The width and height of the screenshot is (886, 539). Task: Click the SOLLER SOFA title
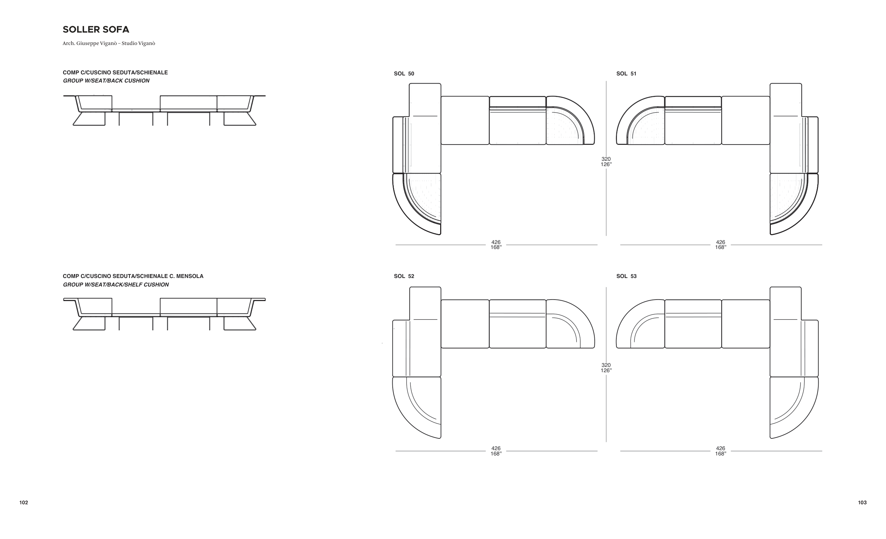96,29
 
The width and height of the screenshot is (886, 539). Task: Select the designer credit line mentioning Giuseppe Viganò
109,44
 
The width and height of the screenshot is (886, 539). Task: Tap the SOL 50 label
404,74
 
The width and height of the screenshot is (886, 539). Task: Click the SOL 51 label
626,74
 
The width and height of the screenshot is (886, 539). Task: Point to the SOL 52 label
404,276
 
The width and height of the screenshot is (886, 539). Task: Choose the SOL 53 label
626,276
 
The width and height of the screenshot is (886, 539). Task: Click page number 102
24,503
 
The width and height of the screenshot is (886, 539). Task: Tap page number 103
862,503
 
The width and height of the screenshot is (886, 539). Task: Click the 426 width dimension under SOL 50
496,242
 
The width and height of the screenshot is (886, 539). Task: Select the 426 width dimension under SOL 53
720,448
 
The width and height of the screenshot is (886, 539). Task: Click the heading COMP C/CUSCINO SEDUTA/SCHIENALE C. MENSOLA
133,276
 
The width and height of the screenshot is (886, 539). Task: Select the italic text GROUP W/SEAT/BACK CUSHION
106,81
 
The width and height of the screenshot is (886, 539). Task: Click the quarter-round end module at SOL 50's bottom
417,204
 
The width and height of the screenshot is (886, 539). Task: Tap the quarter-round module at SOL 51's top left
640,120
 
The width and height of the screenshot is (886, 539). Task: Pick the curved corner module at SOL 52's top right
570,324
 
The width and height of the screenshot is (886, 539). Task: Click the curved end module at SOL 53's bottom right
794,408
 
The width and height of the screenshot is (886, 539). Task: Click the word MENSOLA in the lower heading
190,276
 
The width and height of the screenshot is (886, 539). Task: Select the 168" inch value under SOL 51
720,247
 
